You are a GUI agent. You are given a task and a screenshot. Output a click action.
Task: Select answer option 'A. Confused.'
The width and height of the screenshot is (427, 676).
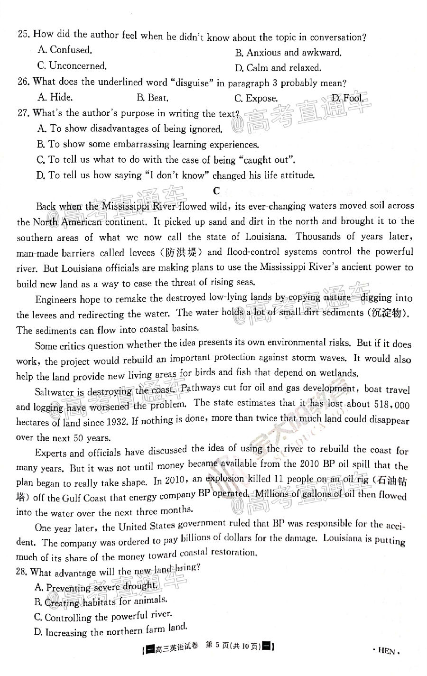click(65, 50)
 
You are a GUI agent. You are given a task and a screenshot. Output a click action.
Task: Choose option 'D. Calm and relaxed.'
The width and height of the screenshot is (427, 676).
click(278, 68)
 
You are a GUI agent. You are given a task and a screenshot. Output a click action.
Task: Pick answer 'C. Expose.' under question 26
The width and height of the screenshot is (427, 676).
click(256, 99)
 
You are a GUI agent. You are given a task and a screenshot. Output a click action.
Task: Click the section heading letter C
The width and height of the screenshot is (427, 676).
click(217, 191)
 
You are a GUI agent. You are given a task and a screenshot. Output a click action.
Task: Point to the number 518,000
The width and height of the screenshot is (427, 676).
click(390, 405)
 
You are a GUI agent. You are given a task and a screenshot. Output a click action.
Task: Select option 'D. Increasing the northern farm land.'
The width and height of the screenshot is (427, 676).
click(111, 630)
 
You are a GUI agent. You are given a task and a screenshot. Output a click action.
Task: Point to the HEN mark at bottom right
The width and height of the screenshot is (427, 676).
click(387, 651)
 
